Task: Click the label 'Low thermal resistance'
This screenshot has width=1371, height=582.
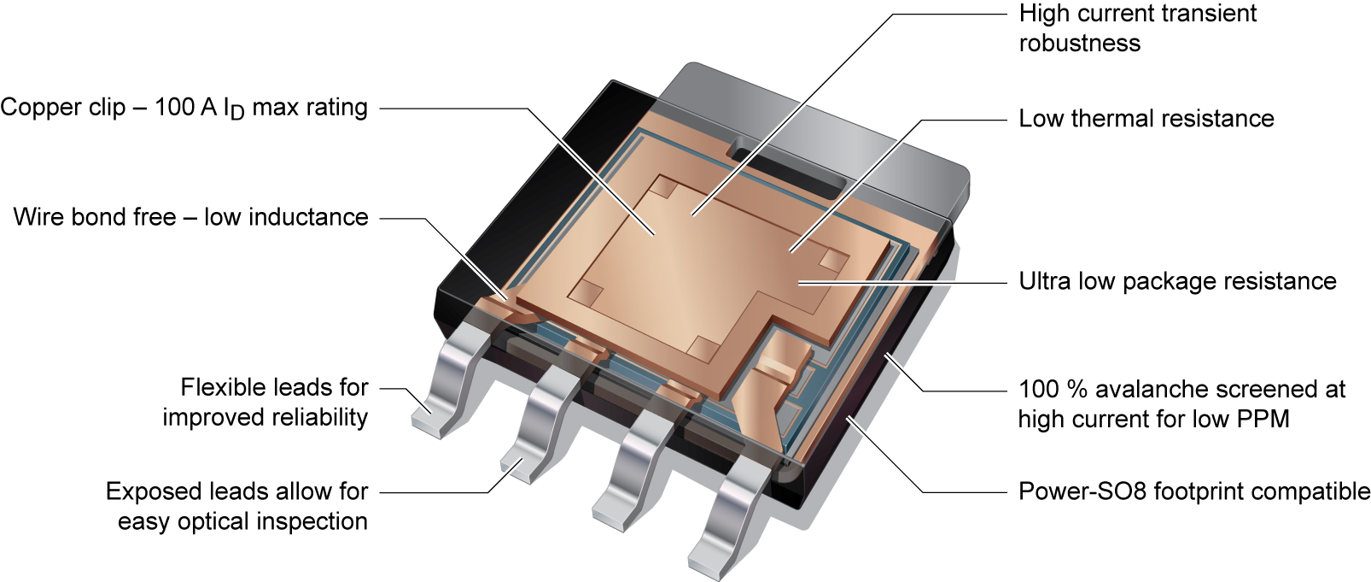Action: click(1146, 119)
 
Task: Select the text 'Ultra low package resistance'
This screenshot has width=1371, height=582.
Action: click(1177, 281)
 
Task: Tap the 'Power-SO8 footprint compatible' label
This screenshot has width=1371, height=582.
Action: click(1193, 491)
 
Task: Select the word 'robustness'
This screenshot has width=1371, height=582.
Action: click(1079, 44)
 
